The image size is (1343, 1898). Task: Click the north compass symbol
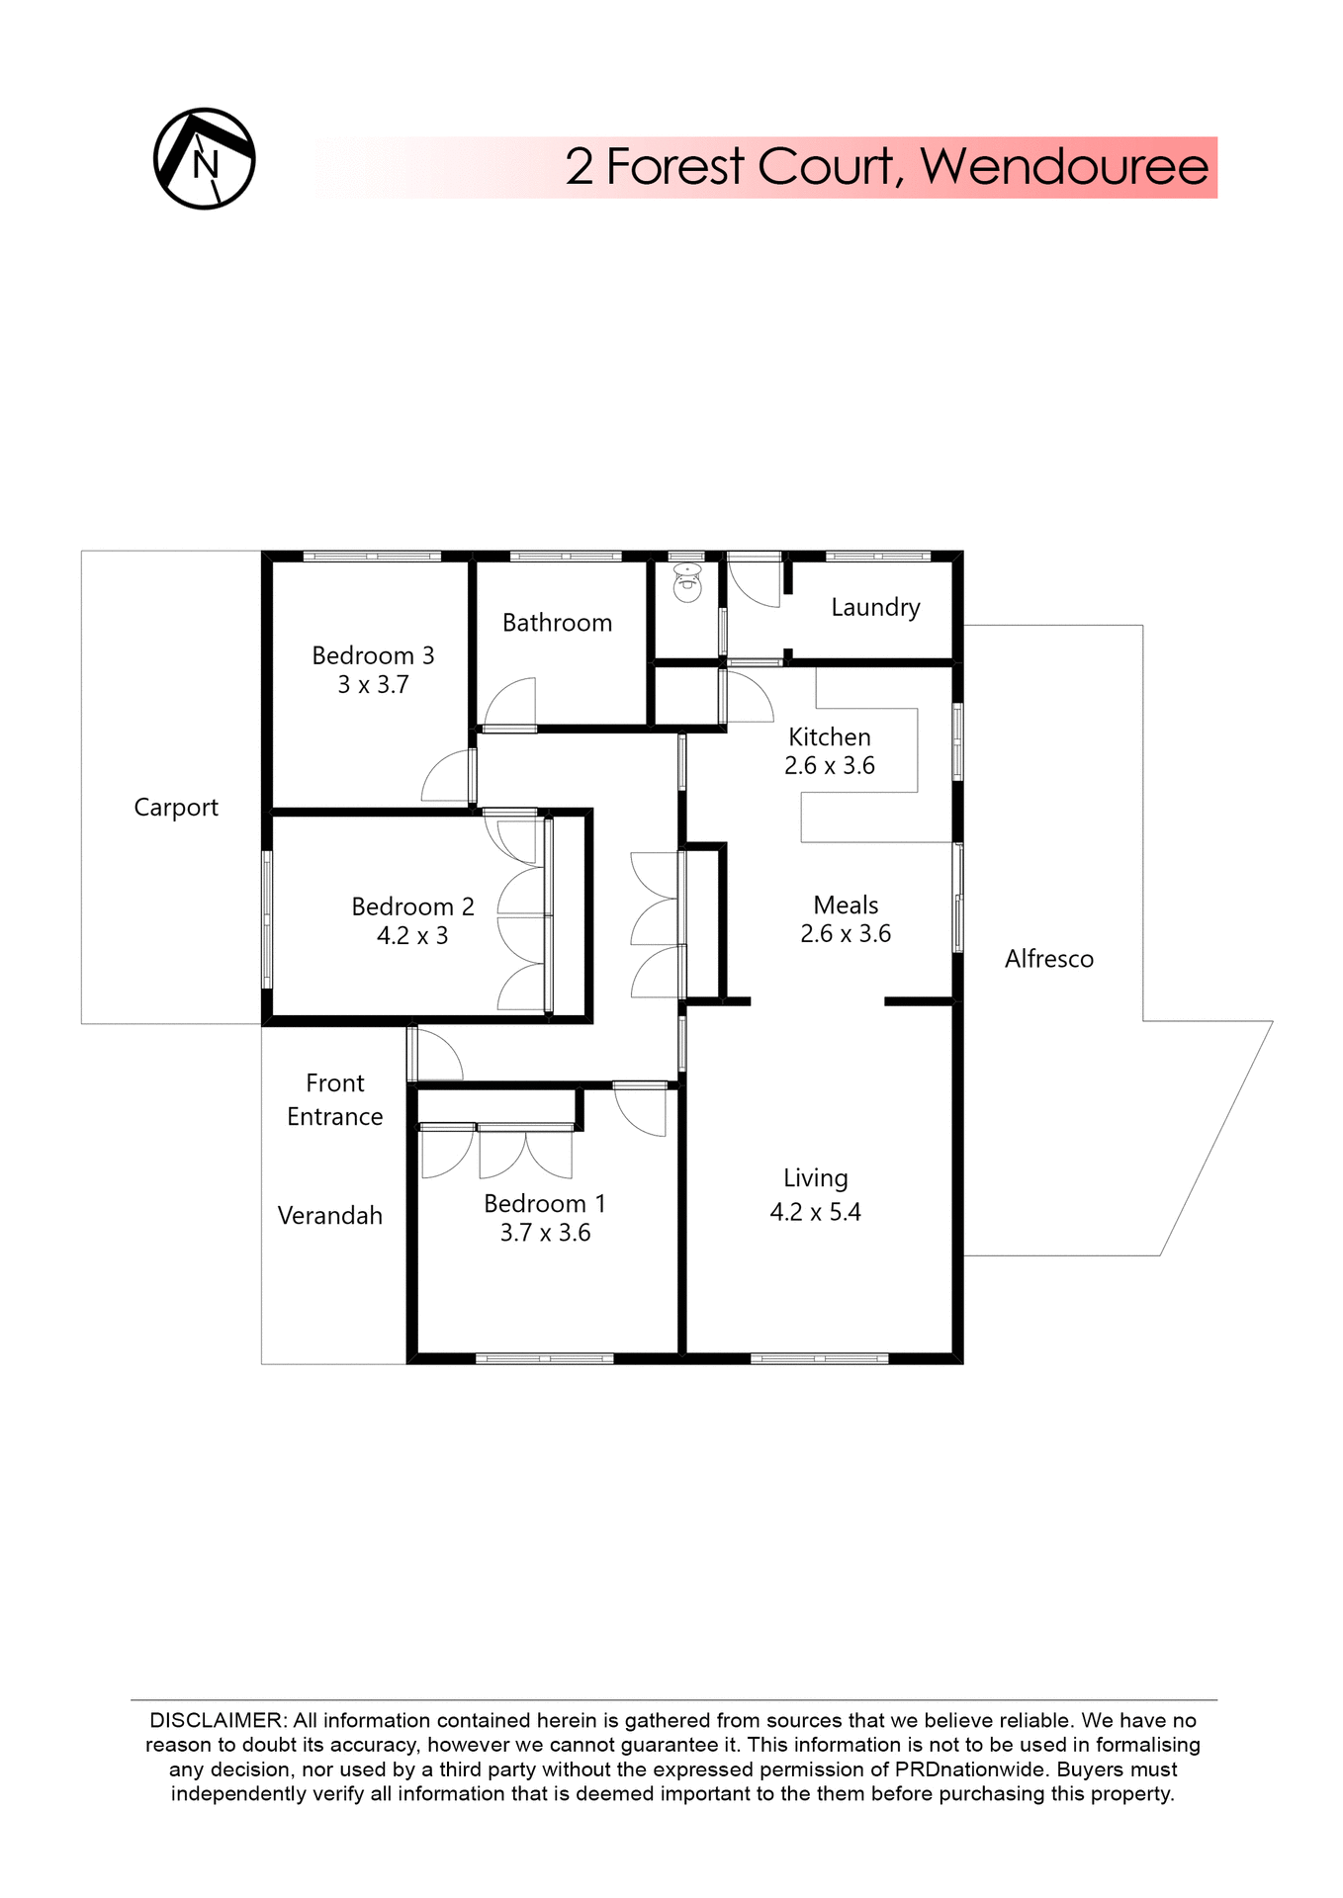(205, 159)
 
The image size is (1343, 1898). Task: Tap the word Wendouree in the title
(1064, 166)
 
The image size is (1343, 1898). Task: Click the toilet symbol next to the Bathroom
(687, 584)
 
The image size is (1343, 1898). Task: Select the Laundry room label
(875, 607)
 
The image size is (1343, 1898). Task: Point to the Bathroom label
(557, 623)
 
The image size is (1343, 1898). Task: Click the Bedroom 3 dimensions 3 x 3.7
(373, 685)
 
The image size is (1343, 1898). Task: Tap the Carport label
(176, 808)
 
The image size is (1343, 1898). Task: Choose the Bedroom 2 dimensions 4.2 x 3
(412, 936)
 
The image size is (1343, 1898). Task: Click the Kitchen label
(830, 737)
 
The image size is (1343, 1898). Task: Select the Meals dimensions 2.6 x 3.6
(846, 934)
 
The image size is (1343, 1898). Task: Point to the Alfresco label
(1049, 959)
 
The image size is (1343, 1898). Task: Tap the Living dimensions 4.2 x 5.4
(815, 1213)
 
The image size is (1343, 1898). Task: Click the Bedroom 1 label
(544, 1204)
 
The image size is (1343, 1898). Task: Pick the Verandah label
(329, 1216)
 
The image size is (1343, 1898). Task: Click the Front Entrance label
(335, 1100)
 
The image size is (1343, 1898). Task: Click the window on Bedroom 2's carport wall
(267, 919)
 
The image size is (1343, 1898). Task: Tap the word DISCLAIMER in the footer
(217, 1720)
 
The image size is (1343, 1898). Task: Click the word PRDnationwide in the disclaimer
(969, 1769)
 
